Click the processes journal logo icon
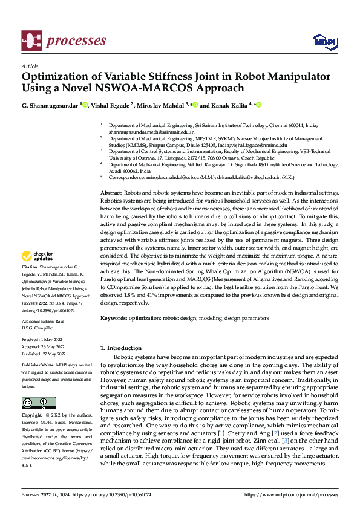coord(31,40)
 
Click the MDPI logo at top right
coord(324,41)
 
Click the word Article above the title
coord(29,66)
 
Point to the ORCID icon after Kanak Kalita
coord(259,105)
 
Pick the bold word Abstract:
coord(111,192)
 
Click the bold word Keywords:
coord(114,317)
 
